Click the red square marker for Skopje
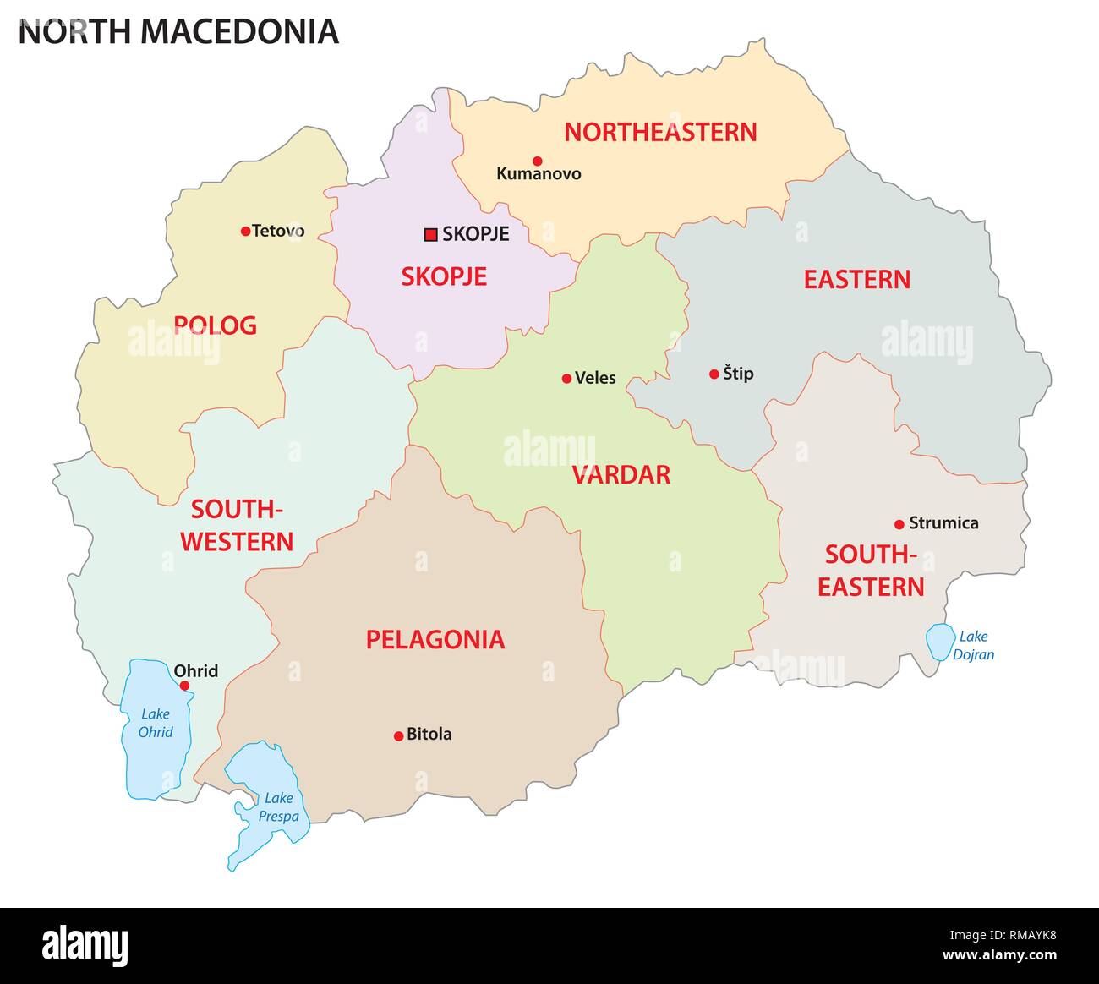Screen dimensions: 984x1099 click(x=430, y=234)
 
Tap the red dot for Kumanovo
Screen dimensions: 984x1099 click(x=537, y=161)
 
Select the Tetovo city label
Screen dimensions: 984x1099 click(x=278, y=231)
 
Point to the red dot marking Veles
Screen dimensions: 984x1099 click(x=566, y=379)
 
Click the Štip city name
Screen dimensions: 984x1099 click(x=738, y=374)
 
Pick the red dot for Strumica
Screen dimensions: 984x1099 click(x=899, y=524)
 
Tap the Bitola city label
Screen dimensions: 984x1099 click(x=429, y=735)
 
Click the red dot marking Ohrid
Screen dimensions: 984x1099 click(x=184, y=686)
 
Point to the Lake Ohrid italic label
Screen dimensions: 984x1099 click(x=156, y=723)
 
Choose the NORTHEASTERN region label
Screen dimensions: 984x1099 click(x=660, y=133)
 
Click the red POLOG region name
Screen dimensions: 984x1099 click(x=215, y=325)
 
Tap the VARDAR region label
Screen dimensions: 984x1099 click(x=621, y=475)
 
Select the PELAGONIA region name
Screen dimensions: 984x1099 click(x=435, y=640)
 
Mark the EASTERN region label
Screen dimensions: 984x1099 click(x=856, y=280)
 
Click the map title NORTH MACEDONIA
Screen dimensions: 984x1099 click(x=178, y=32)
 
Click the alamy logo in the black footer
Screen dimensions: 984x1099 click(x=85, y=945)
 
